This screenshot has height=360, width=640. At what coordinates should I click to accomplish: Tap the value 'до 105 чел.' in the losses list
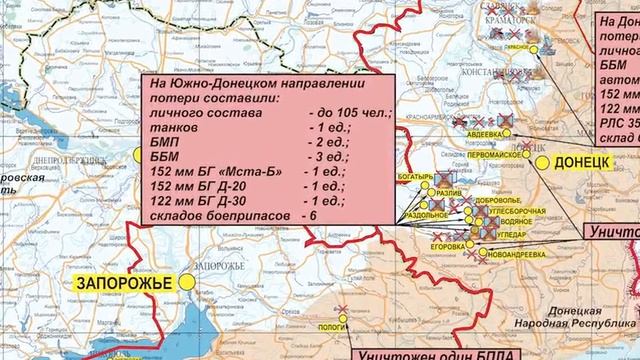[348, 115]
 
